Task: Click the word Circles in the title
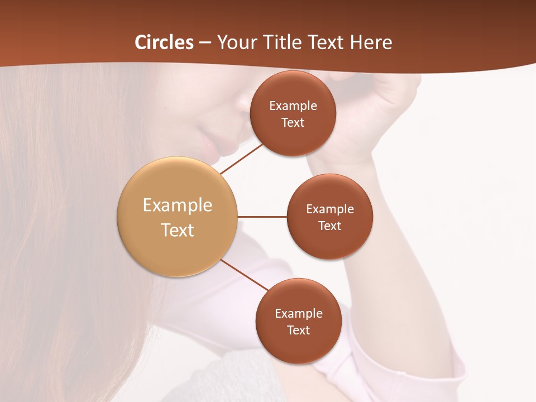(164, 42)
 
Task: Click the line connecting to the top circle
(242, 159)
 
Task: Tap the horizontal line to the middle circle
(262, 217)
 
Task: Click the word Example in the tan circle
(178, 205)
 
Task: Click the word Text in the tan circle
(178, 230)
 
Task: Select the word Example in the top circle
(293, 106)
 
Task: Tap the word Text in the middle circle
(329, 226)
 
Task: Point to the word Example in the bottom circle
(299, 314)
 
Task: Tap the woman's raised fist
(385, 103)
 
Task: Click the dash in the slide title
(205, 42)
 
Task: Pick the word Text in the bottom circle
(298, 331)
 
